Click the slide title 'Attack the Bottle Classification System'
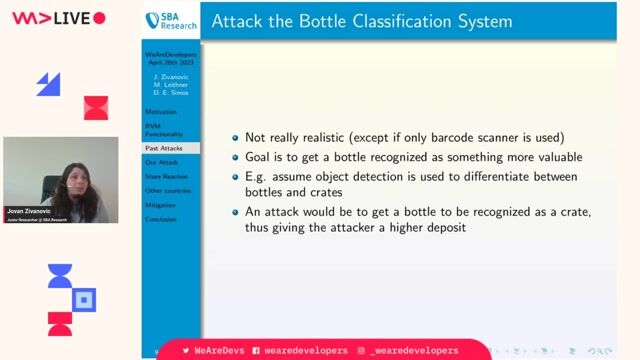[362, 21]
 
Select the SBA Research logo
[170, 21]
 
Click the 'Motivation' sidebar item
[161, 112]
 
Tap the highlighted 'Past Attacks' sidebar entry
[164, 148]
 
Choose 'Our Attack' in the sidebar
[162, 162]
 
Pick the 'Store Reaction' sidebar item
[167, 176]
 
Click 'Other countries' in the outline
[168, 190]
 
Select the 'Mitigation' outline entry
[160, 204]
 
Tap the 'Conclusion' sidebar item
[162, 219]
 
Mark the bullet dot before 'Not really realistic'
[235, 138]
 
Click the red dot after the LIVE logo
[99, 17]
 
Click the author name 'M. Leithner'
[170, 85]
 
